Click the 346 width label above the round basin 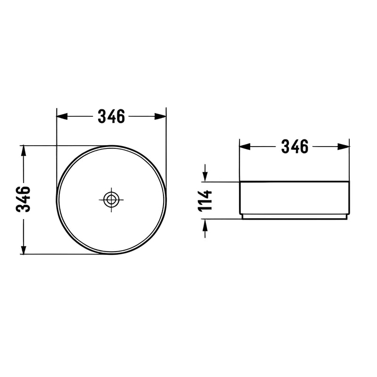[x=111, y=116]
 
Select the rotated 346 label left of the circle [x=24, y=199]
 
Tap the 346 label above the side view [x=295, y=147]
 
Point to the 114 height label [x=205, y=200]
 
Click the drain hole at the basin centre [x=111, y=199]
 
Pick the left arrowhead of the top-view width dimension [x=60, y=116]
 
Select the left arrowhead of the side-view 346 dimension [x=243, y=147]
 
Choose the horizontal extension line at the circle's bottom [x=61, y=254]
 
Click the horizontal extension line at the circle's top [x=61, y=145]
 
